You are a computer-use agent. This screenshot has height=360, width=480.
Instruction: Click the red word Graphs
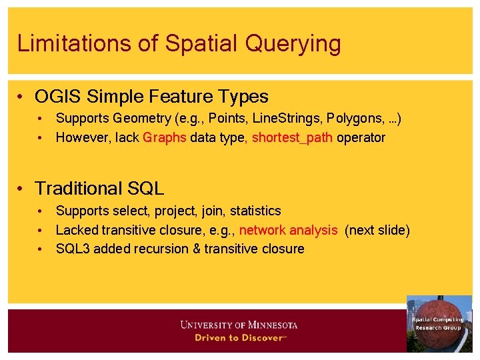click(x=165, y=138)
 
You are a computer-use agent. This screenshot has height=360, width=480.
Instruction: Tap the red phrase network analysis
click(x=288, y=230)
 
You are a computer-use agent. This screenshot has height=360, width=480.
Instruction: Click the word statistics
click(x=255, y=211)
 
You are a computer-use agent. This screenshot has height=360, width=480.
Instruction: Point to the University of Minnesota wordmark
click(x=239, y=325)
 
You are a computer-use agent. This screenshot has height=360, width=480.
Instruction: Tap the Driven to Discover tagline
click(x=239, y=338)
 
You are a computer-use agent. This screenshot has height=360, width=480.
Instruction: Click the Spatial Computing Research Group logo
click(x=439, y=324)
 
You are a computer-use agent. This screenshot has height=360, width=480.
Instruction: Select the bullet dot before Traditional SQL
click(x=23, y=189)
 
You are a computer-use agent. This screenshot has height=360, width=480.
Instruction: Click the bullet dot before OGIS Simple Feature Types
click(x=23, y=97)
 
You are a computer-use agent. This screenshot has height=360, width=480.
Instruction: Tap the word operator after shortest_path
click(x=361, y=138)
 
